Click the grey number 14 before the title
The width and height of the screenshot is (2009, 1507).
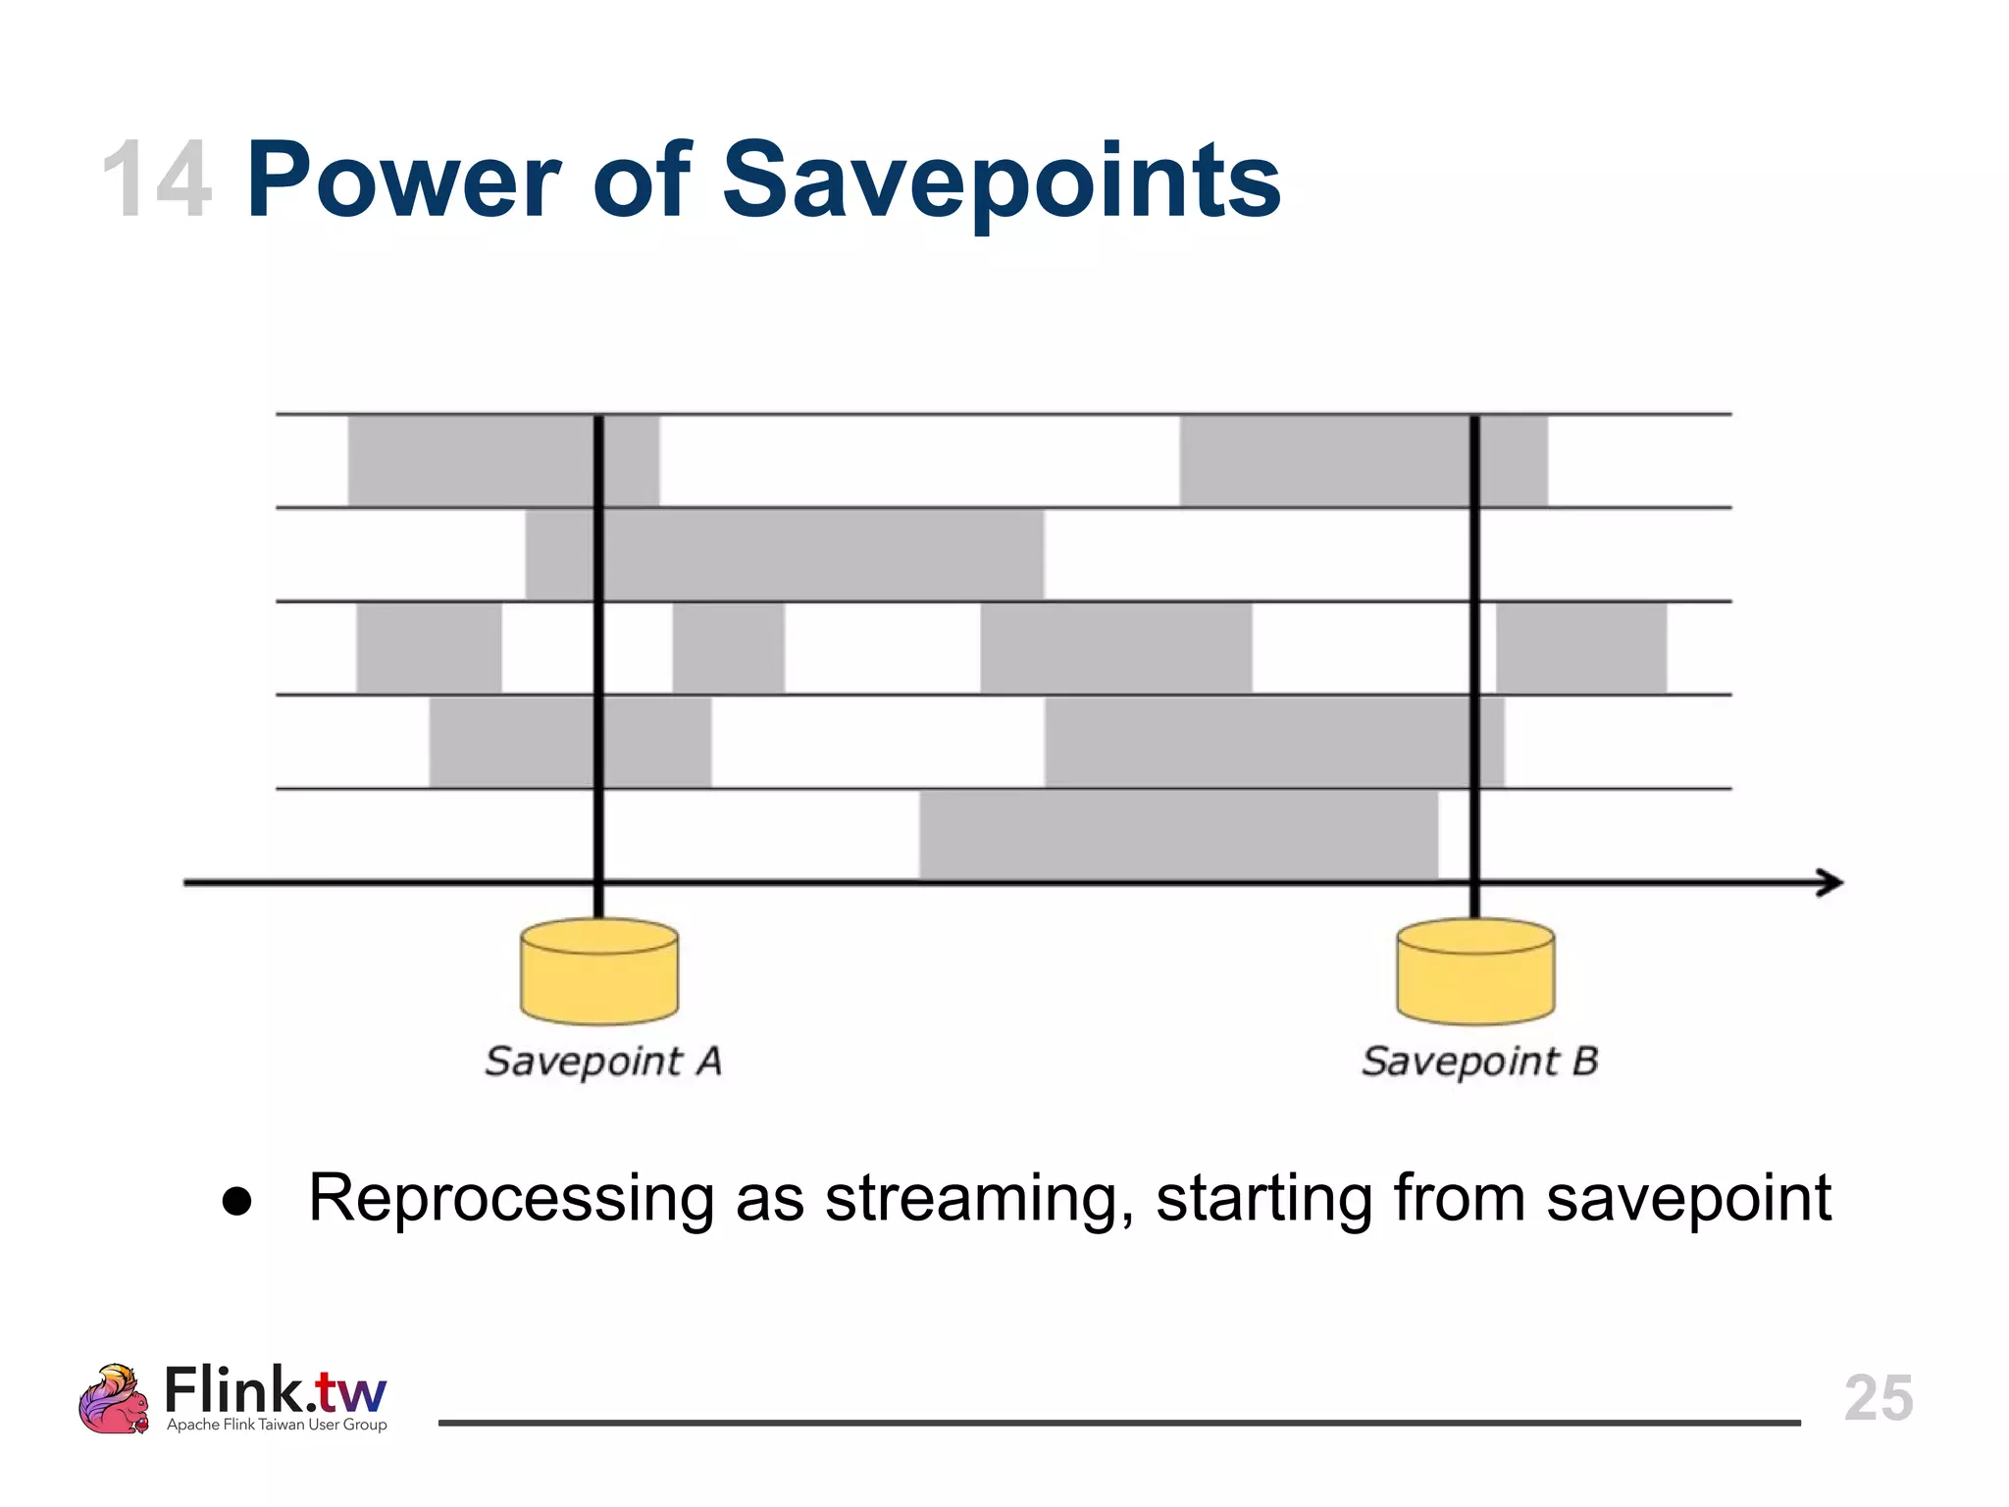(x=157, y=182)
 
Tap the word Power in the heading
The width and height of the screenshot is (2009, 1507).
(x=402, y=182)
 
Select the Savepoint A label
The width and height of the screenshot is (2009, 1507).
(x=603, y=1062)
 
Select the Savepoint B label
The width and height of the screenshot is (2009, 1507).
(x=1479, y=1062)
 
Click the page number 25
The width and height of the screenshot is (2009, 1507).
(x=1878, y=1397)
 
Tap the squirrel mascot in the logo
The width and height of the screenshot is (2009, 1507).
(x=114, y=1399)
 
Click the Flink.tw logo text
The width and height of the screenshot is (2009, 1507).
(x=275, y=1390)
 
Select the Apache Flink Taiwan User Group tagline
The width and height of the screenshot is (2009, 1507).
(x=277, y=1425)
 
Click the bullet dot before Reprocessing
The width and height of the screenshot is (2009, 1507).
(x=237, y=1201)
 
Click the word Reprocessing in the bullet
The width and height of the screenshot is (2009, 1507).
(x=511, y=1199)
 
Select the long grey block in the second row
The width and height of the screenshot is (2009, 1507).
(x=785, y=554)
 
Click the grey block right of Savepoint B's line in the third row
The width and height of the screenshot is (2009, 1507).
(x=1580, y=648)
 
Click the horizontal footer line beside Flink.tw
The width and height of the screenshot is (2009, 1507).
(x=1118, y=1423)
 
